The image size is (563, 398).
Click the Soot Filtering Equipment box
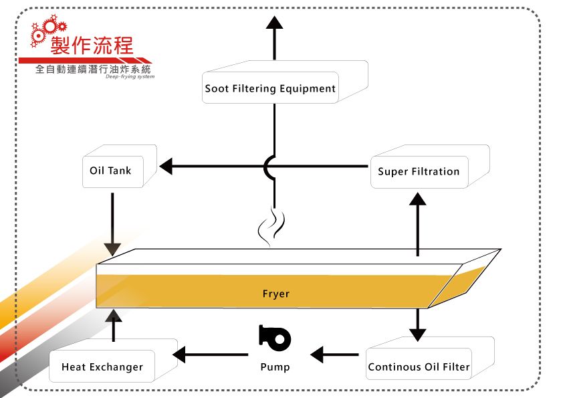(x=270, y=88)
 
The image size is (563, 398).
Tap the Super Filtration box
(x=419, y=171)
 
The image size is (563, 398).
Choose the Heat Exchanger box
(x=102, y=367)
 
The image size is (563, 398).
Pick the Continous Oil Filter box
(x=419, y=367)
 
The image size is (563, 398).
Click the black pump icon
(x=274, y=338)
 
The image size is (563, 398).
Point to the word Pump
(x=275, y=367)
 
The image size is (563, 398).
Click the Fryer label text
(x=275, y=294)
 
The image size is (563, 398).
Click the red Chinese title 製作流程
(x=92, y=46)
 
